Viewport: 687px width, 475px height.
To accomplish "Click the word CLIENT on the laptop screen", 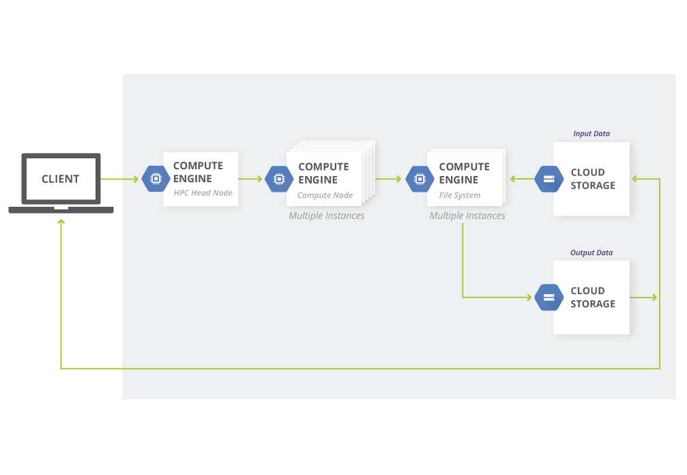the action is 61,179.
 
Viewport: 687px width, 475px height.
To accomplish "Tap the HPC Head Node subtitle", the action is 203,193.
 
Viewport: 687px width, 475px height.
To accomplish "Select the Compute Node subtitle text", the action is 325,195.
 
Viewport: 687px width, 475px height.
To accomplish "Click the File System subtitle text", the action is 460,195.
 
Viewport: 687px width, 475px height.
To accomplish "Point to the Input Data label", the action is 591,134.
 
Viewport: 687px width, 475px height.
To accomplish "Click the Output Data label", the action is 591,253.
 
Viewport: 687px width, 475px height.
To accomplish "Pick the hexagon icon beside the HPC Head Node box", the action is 156,179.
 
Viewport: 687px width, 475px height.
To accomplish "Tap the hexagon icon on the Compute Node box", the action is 279,179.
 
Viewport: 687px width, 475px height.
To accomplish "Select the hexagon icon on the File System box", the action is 420,179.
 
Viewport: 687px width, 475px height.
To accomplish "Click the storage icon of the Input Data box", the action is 549,179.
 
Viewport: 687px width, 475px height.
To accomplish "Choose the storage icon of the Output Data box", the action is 549,298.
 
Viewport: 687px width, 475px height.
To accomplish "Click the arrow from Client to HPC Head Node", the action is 119,179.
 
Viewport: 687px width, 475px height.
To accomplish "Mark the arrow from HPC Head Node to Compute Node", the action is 250,179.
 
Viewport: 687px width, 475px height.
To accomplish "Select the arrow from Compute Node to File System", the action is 388,179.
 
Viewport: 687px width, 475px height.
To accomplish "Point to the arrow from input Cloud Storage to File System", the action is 523,179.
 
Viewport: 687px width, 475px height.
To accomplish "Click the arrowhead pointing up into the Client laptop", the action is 61,222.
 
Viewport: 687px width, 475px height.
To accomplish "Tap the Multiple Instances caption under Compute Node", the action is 326,216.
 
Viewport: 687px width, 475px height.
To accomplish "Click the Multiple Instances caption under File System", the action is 467,216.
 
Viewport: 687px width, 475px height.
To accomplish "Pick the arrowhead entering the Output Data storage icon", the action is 529,298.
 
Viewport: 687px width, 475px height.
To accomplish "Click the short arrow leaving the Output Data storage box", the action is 643,298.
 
